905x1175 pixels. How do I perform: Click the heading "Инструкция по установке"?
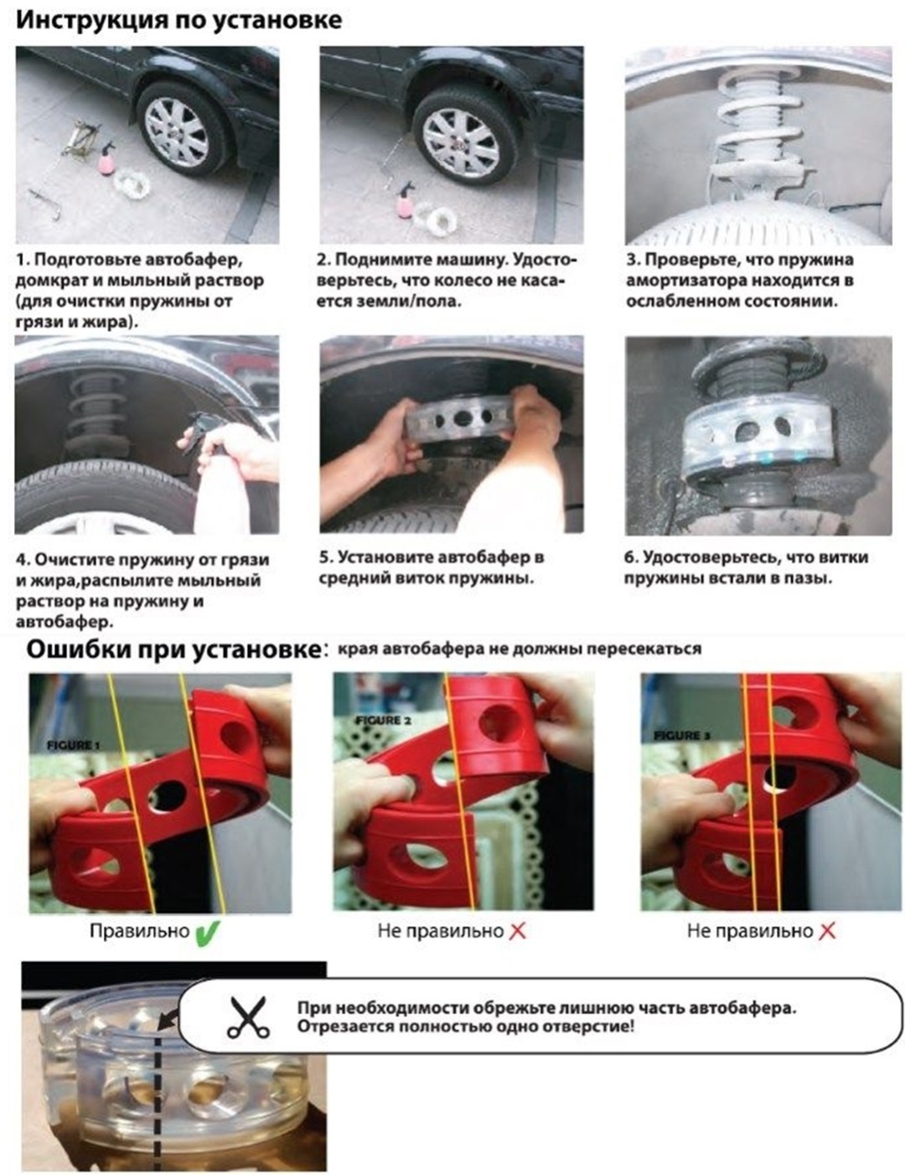click(x=179, y=21)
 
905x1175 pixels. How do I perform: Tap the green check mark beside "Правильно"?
click(x=207, y=932)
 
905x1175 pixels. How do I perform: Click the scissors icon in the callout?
click(x=249, y=1017)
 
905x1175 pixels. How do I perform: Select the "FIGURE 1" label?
click(x=74, y=746)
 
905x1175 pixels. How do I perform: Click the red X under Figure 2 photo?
click(x=517, y=932)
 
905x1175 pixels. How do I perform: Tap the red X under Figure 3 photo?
click(x=827, y=932)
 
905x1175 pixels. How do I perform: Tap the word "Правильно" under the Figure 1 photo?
click(x=139, y=931)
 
